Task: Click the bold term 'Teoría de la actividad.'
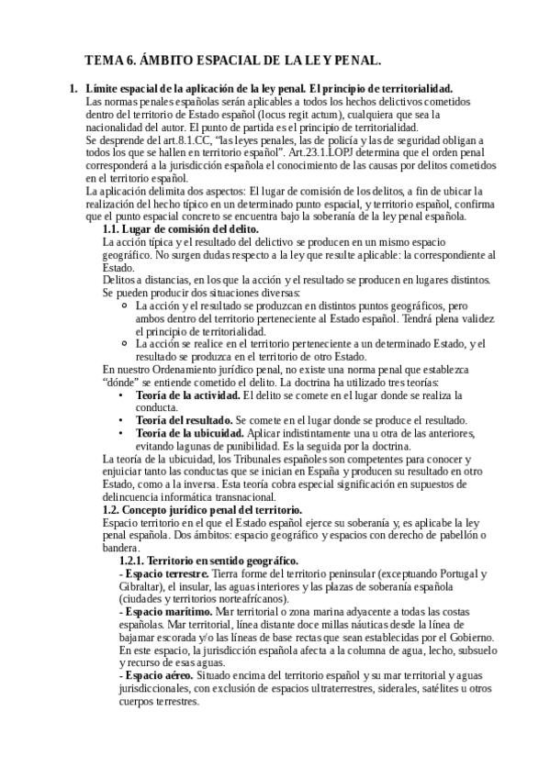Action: point(187,394)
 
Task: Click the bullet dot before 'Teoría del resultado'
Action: point(122,419)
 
